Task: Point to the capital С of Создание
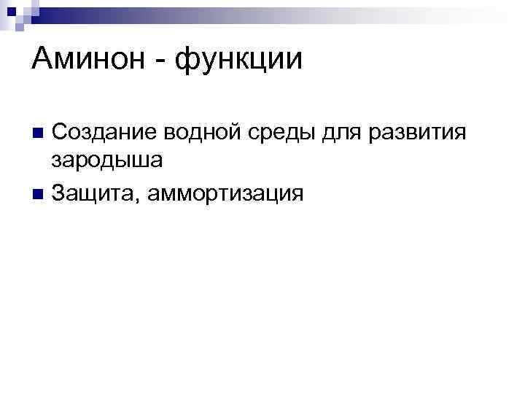click(x=61, y=132)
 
